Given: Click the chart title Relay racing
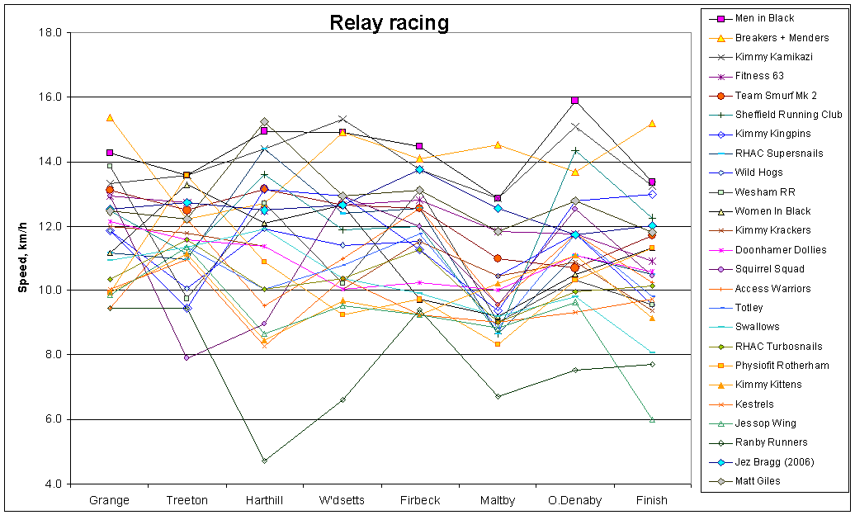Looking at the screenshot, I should click(389, 22).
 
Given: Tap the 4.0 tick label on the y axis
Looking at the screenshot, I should click(53, 484).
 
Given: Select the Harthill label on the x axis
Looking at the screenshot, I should click(264, 501).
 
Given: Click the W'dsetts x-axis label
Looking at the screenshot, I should click(342, 501).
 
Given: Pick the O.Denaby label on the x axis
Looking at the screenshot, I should click(574, 501).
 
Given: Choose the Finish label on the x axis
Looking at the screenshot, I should click(652, 501).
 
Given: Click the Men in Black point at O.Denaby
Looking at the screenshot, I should click(574, 100).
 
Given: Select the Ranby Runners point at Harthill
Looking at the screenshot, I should click(264, 461).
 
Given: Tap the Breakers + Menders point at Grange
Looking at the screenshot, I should click(110, 118).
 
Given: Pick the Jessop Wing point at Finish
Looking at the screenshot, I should click(652, 419).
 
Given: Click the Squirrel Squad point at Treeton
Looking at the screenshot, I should click(187, 357).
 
